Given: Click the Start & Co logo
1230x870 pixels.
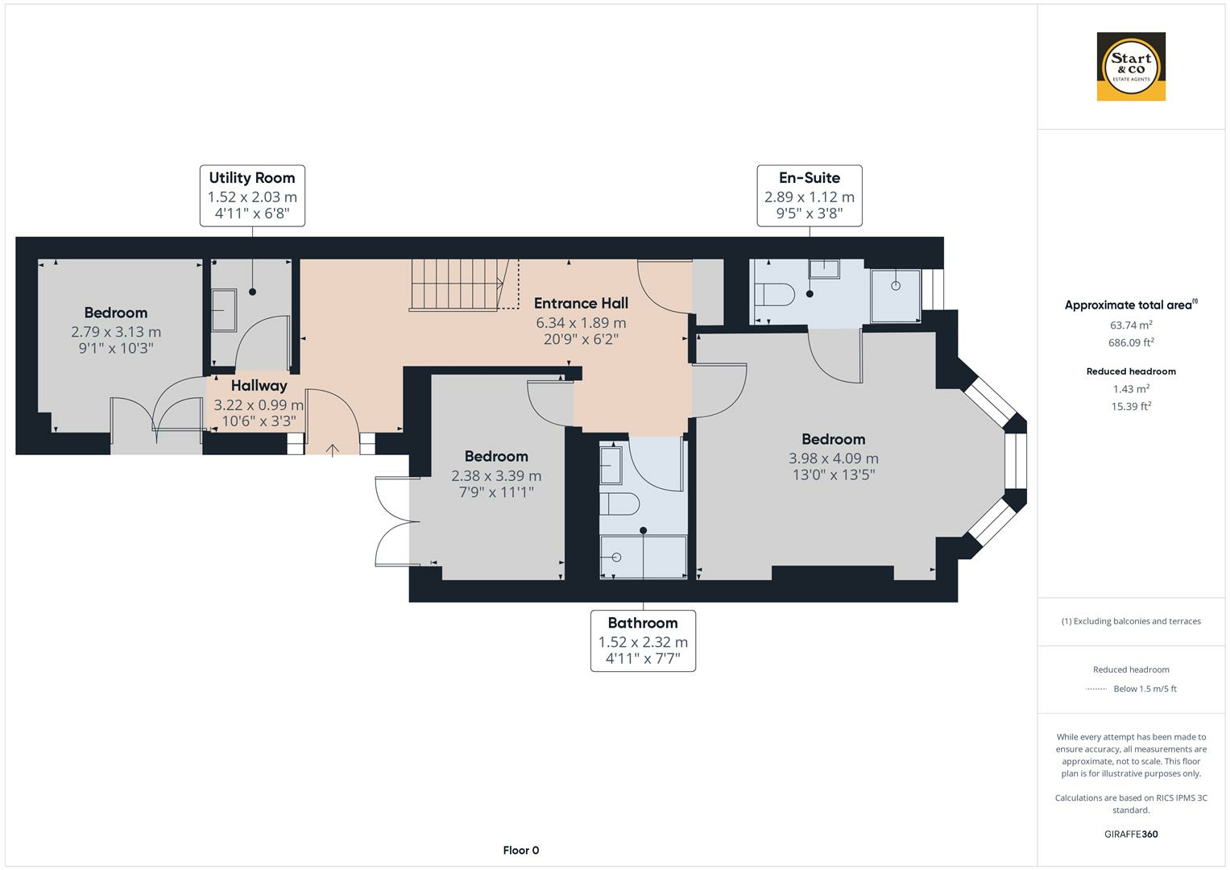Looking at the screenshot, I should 1131,67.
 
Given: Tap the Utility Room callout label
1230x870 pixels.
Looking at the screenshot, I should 252,196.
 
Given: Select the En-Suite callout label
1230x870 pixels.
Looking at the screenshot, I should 810,196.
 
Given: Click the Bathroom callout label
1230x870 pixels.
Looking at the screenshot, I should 643,641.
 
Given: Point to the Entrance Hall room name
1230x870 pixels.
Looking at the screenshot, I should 581,304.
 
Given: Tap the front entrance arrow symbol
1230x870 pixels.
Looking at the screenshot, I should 333,449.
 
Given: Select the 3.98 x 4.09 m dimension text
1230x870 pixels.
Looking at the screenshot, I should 833,458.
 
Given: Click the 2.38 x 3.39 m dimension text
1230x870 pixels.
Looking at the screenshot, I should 496,475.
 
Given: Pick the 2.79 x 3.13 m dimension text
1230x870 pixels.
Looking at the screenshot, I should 116,331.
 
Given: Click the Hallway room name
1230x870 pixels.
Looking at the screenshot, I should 259,386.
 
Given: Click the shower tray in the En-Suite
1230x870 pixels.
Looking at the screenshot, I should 895,295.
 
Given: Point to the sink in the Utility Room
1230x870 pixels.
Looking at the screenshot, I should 223,310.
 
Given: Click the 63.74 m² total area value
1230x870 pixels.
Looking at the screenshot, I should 1131,325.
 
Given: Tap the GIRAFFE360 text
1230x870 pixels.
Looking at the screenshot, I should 1131,834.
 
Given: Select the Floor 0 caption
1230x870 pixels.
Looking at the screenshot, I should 520,850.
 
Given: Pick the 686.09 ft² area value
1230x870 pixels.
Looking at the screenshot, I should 1131,342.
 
